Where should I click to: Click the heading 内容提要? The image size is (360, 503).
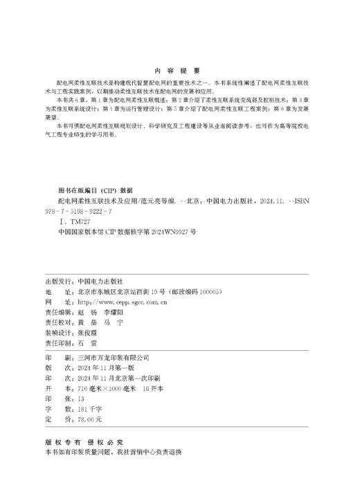click(179, 71)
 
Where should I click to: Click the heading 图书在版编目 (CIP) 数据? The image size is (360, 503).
click(96, 188)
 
